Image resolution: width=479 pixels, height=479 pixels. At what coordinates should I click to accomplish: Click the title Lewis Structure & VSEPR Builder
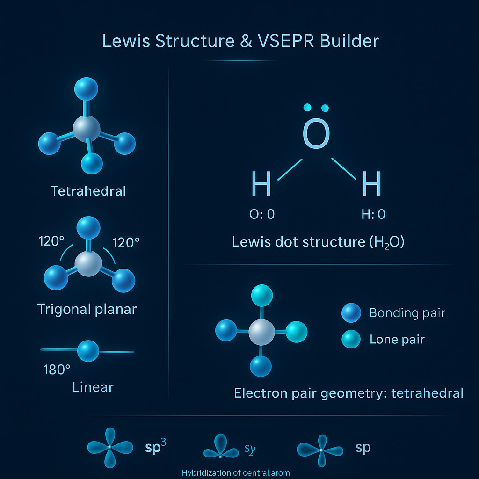pos(240,41)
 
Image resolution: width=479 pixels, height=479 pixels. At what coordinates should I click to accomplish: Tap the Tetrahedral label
pos(88,191)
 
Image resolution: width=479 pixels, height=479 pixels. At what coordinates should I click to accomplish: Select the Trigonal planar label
pos(87,309)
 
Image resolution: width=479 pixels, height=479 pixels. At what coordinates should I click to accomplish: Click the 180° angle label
pos(57,370)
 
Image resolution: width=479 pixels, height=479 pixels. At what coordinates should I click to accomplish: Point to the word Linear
pos(93,387)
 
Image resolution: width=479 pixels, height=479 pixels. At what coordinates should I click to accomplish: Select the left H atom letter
pos(261,184)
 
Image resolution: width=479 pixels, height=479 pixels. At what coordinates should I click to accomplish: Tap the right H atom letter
pos(372,184)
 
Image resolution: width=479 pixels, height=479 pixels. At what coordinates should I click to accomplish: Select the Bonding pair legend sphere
pos(351,312)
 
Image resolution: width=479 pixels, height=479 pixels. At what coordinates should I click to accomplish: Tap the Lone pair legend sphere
pos(351,338)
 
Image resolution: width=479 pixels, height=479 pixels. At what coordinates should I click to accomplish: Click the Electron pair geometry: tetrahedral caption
pos(348,392)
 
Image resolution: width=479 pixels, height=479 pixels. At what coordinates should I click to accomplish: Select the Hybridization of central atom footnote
pos(236,472)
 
